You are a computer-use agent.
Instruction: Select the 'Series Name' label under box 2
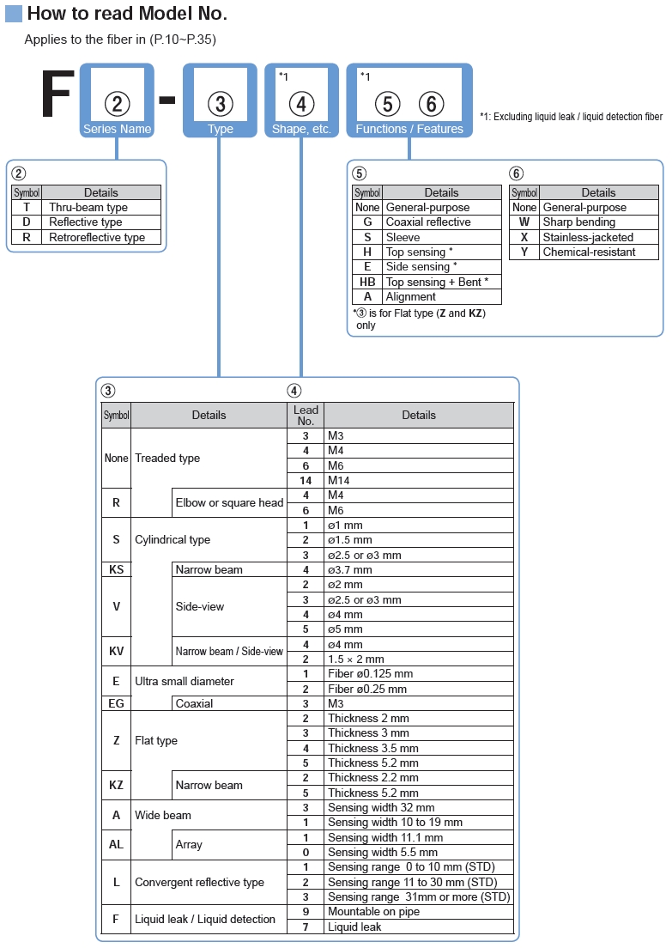click(x=118, y=129)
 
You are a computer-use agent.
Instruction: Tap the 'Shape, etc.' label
click(x=301, y=129)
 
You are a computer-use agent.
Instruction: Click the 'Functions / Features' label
click(x=409, y=129)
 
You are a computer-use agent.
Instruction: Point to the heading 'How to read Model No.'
click(x=128, y=13)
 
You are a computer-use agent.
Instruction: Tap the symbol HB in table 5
click(x=367, y=282)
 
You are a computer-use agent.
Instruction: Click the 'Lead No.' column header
click(x=306, y=416)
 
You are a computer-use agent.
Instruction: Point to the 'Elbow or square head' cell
click(x=230, y=502)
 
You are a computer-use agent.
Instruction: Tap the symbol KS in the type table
click(x=116, y=569)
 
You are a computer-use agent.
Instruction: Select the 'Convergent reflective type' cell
click(x=199, y=882)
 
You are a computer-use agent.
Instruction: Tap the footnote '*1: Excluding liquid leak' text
click(x=571, y=117)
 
